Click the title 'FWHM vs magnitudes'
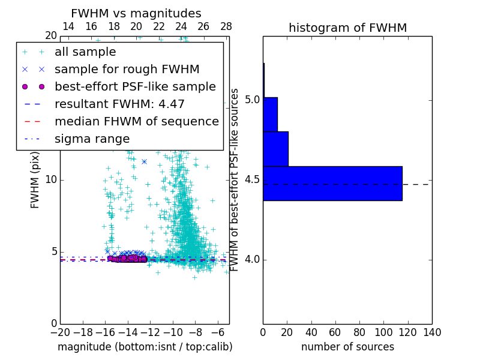click(136, 13)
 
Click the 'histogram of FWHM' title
click(347, 28)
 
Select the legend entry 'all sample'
click(85, 52)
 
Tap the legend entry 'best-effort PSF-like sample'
click(135, 87)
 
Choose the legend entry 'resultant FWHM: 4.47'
click(119, 104)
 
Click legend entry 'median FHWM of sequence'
click(136, 122)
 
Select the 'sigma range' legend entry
click(92, 139)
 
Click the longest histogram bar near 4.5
click(332, 183)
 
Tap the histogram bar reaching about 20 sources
click(275, 148)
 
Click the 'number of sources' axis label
click(347, 347)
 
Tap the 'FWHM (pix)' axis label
click(35, 180)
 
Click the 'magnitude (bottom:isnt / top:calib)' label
click(145, 347)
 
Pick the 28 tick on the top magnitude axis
click(226, 26)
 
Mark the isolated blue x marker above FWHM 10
click(144, 161)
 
